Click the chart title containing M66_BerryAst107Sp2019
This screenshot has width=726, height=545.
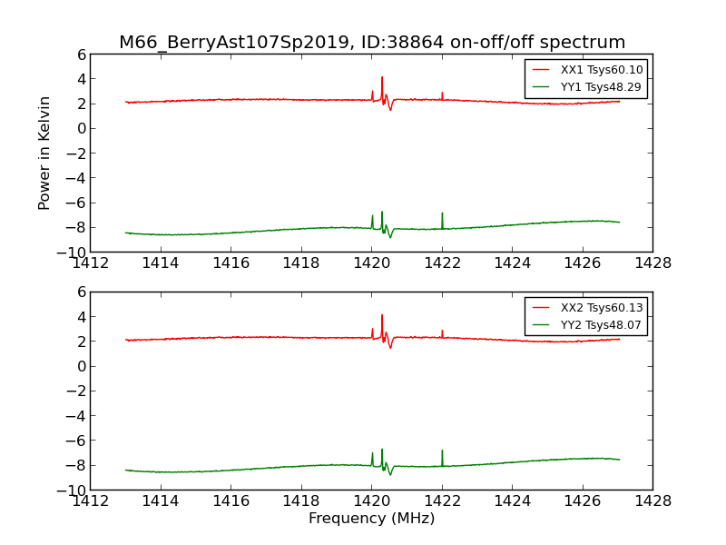click(372, 43)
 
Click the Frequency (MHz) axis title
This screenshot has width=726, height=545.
click(371, 519)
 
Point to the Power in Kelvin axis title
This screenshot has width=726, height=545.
click(44, 153)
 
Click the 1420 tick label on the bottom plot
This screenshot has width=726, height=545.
click(371, 500)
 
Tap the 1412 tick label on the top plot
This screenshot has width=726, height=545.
click(90, 263)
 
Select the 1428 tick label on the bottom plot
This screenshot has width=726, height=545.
click(652, 500)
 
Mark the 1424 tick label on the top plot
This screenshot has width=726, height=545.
click(512, 263)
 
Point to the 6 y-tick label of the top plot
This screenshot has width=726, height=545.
click(81, 54)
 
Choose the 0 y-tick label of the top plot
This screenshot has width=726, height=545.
click(81, 128)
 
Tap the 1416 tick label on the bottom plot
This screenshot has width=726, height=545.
click(231, 500)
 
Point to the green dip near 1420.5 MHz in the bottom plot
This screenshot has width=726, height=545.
click(391, 473)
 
